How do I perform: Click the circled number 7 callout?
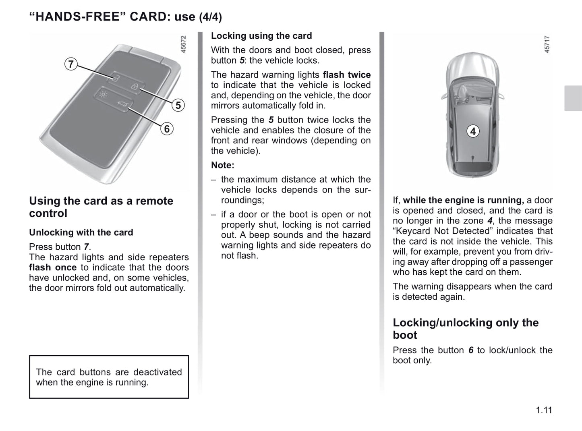(x=71, y=64)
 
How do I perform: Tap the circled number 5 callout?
(x=178, y=105)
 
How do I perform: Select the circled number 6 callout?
(x=167, y=129)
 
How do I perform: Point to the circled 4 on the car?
(x=473, y=131)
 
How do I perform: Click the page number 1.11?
(x=544, y=410)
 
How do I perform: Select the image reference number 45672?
(x=183, y=44)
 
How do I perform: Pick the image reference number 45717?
(x=547, y=44)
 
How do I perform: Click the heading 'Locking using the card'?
(x=261, y=36)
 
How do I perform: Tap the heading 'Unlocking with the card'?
(x=81, y=232)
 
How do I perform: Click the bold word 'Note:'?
(x=222, y=165)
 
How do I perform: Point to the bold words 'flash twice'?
(x=347, y=75)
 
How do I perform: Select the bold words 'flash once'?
(x=53, y=267)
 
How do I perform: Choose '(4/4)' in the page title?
(x=210, y=17)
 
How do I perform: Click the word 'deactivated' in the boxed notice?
(x=157, y=372)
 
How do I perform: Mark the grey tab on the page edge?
(x=573, y=98)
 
